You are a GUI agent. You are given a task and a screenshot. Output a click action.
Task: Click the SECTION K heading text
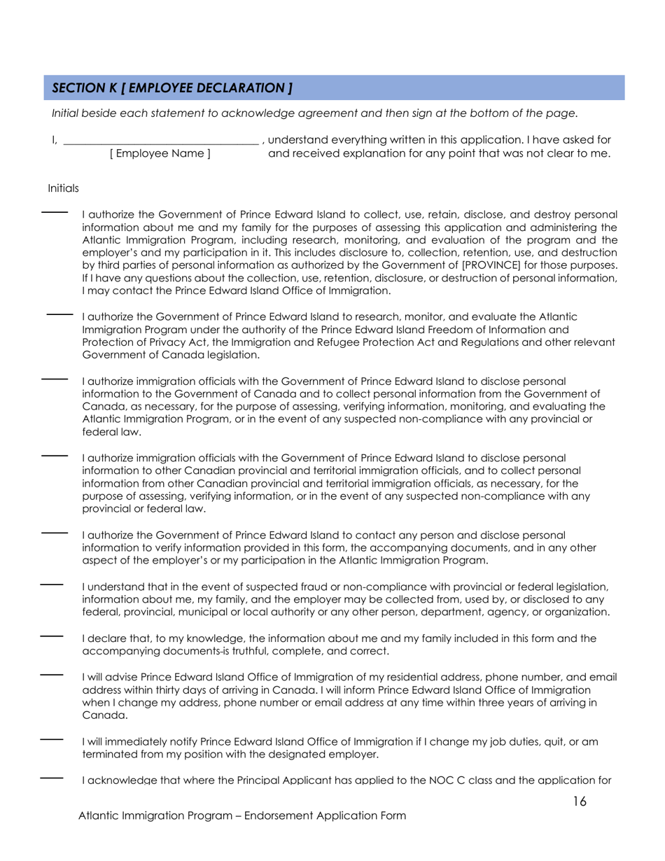pos(171,88)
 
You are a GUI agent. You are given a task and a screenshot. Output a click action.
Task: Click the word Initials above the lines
pos(63,188)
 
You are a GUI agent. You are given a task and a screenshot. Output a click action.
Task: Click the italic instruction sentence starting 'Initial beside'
pos(315,112)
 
